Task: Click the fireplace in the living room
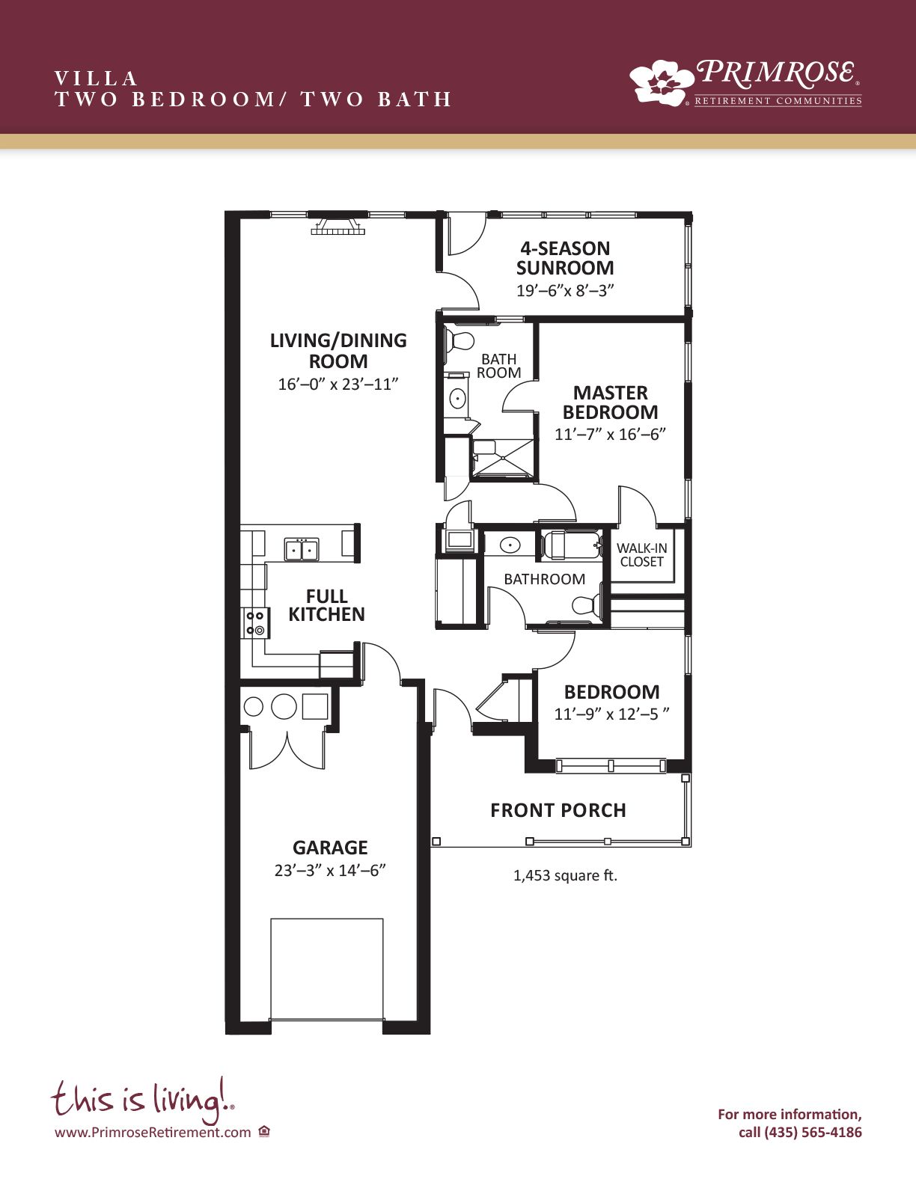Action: coord(338,226)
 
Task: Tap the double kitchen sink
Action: coord(302,548)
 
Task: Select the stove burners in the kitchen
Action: coord(255,622)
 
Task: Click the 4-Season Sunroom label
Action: coord(565,258)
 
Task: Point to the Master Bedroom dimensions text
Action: coord(610,434)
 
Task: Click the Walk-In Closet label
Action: coord(641,554)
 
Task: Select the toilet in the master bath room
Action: coord(459,341)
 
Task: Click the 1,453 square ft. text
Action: coord(565,875)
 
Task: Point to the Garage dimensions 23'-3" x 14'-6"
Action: coord(330,870)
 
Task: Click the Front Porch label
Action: coord(558,810)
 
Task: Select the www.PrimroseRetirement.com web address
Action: coord(153,1132)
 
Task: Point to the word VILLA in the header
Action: coord(96,79)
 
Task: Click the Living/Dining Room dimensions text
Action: coord(338,385)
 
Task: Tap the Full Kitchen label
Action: coord(326,605)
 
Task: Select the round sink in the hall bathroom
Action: coord(510,544)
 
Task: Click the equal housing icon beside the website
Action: coord(265,1132)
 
